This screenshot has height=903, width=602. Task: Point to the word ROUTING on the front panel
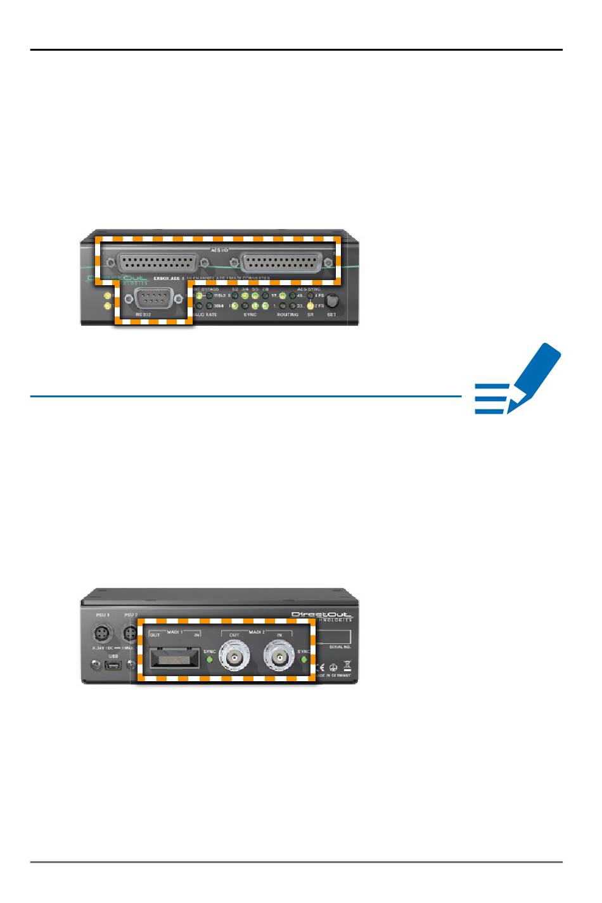[287, 314]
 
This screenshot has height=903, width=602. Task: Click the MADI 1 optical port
[172, 660]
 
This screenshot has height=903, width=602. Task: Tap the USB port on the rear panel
[113, 665]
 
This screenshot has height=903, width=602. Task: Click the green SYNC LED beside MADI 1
[209, 661]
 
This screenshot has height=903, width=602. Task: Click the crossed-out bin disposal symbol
[347, 665]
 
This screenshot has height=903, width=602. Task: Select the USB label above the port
[113, 656]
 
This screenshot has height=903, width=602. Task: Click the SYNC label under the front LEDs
[250, 314]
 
